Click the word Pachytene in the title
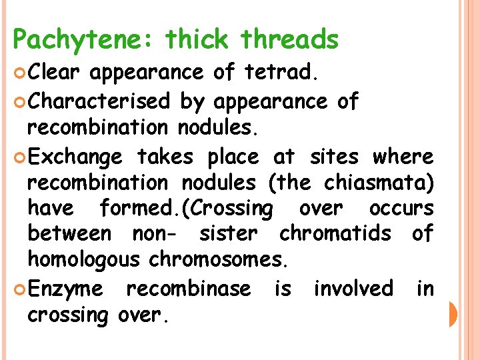click(x=81, y=41)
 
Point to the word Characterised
click(x=100, y=101)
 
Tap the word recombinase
click(x=189, y=289)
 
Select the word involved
click(x=353, y=289)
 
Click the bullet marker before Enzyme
click(x=20, y=289)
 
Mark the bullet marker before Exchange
click(x=20, y=158)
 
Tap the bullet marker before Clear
click(x=20, y=72)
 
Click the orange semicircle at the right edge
click(x=453, y=314)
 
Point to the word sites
click(x=333, y=157)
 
